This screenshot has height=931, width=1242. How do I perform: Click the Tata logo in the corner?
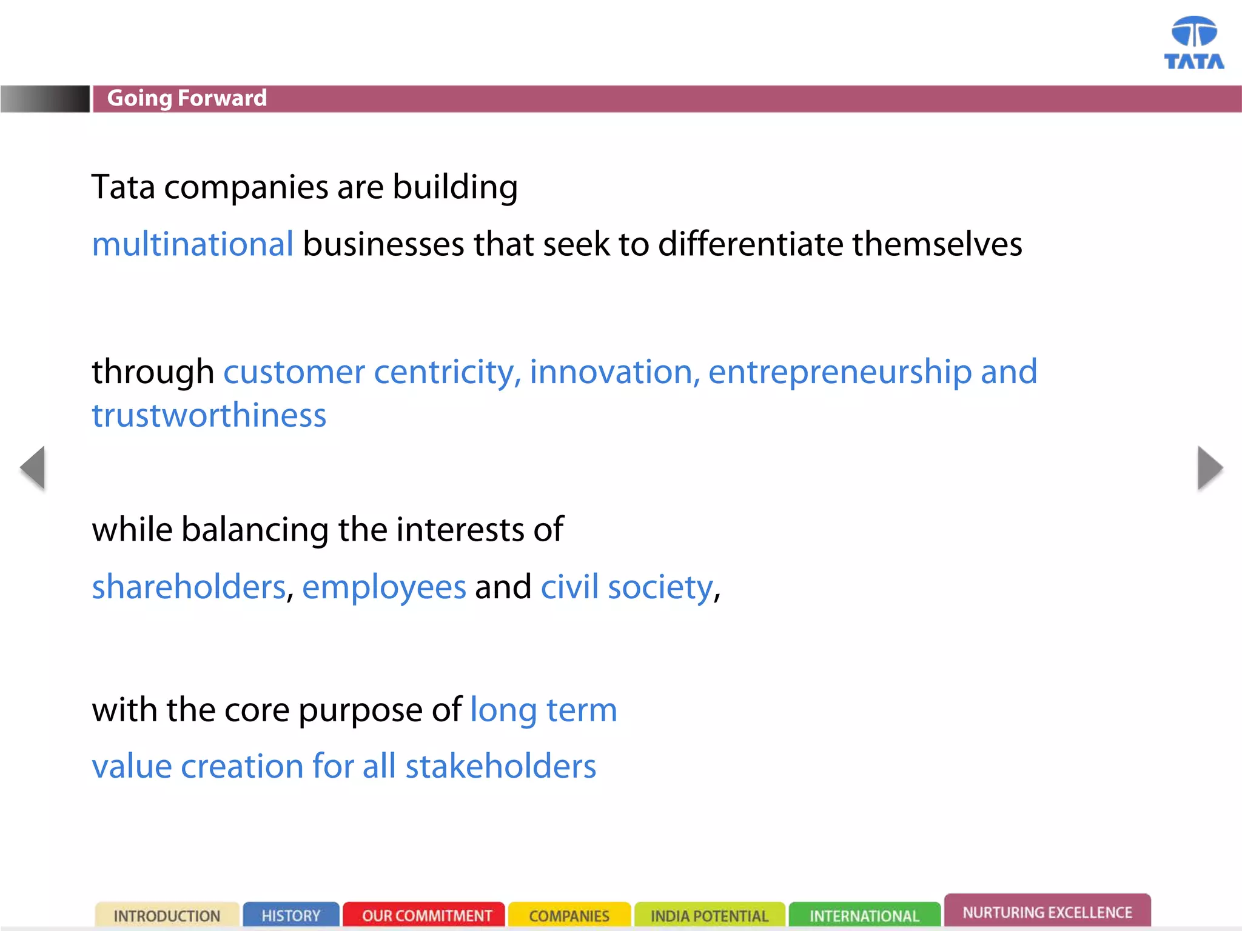[1193, 42]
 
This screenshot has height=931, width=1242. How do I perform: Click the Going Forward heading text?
[187, 98]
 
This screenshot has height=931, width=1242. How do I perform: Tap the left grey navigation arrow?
[33, 467]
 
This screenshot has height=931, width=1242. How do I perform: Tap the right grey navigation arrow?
[1210, 467]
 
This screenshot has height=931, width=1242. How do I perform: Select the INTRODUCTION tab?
[167, 915]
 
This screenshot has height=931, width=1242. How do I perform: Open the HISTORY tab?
[291, 915]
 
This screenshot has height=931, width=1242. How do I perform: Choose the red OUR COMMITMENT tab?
[426, 915]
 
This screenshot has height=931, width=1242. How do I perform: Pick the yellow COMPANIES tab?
[569, 915]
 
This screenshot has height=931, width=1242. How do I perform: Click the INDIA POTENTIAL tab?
[710, 915]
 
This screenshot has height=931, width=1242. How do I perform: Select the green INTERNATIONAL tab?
[864, 915]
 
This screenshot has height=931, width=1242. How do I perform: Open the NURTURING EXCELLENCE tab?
[1047, 912]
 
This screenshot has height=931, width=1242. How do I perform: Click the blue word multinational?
[193, 244]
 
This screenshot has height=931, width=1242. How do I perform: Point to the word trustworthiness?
[209, 416]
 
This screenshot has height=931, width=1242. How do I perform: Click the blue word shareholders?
[189, 587]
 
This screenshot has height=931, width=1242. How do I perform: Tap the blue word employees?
[384, 587]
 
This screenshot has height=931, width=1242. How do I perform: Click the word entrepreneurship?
[840, 372]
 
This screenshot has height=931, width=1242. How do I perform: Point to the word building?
[455, 187]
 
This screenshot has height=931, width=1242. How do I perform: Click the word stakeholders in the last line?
[501, 767]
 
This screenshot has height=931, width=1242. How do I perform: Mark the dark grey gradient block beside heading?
[45, 99]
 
